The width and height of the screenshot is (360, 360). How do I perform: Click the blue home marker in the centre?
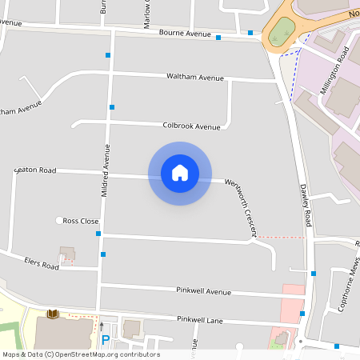click(x=180, y=173)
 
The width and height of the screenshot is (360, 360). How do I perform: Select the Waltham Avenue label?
click(x=194, y=77)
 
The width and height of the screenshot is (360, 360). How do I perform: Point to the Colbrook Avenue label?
click(x=191, y=126)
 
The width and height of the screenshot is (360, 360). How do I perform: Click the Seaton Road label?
click(x=35, y=170)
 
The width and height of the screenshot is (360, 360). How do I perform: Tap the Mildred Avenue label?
click(x=104, y=170)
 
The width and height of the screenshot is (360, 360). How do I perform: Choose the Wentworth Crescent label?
click(x=240, y=207)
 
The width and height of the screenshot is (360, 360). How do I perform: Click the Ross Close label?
click(x=82, y=221)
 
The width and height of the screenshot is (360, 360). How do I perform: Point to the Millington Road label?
click(x=335, y=71)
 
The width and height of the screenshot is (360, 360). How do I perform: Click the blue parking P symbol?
click(x=105, y=340)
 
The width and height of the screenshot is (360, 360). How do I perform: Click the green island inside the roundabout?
click(x=280, y=33)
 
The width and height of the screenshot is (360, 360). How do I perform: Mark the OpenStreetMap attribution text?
click(x=81, y=354)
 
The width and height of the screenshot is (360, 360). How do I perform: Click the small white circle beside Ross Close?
click(x=58, y=221)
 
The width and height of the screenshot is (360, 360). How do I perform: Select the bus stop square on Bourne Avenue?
click(x=218, y=37)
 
